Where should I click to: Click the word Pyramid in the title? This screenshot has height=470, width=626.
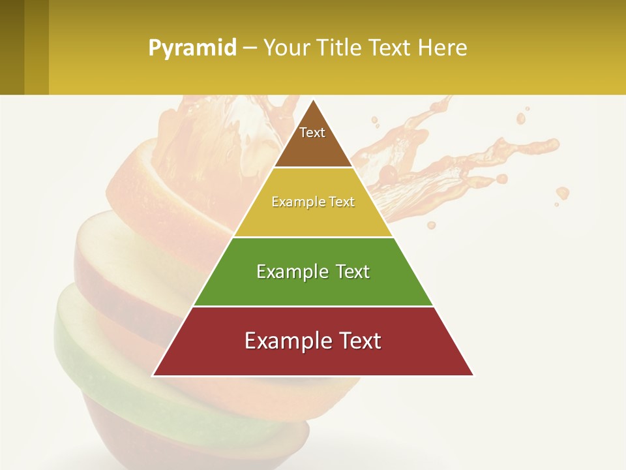point(192,48)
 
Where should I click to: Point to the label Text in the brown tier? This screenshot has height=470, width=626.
point(312,133)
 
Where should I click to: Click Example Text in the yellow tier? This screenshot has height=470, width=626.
point(313,202)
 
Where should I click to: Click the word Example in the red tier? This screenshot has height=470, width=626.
point(285,341)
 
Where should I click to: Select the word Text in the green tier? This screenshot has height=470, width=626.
point(350,272)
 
